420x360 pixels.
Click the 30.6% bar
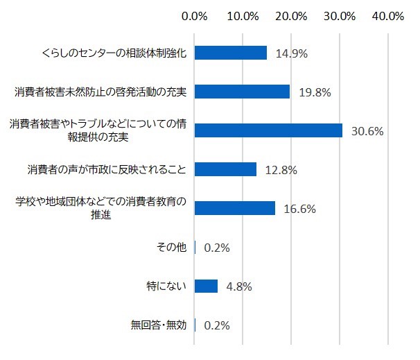tap(268, 130)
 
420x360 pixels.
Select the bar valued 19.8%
tap(242, 92)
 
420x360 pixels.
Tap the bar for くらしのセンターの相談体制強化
tap(230, 53)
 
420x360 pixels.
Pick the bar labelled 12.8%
tap(225, 169)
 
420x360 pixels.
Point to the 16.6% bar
tap(234, 208)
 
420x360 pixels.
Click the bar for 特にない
tap(206, 286)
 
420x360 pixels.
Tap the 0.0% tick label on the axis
tap(194, 16)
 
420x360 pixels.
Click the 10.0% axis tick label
tap(243, 16)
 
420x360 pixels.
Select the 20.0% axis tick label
tap(291, 16)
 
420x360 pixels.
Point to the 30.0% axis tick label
tap(340, 16)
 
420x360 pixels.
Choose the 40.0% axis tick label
tap(388, 16)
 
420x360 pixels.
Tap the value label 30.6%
tap(367, 130)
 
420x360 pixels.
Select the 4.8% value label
tap(237, 286)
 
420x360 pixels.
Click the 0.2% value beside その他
tap(217, 248)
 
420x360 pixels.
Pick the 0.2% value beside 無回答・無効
tap(217, 325)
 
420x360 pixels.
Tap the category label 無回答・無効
tap(160, 325)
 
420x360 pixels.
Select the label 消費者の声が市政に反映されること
tap(107, 169)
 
